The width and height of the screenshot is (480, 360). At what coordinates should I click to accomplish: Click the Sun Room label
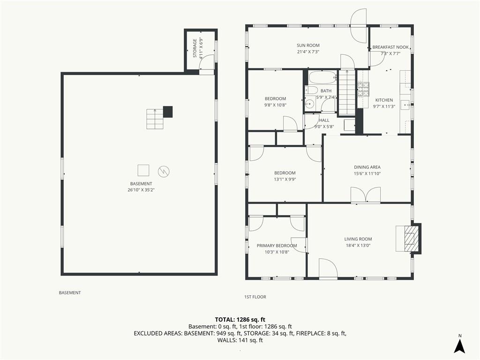(308, 45)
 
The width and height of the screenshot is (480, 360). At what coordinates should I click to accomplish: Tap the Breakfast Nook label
(390, 47)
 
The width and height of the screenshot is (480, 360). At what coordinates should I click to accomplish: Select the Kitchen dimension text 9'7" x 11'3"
(384, 106)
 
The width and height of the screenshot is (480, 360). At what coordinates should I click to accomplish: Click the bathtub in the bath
(322, 77)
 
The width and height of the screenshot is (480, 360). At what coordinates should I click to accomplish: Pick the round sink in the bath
(310, 104)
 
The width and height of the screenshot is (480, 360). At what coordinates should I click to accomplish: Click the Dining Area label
(367, 167)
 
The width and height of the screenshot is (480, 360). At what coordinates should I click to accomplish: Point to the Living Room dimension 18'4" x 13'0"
(358, 245)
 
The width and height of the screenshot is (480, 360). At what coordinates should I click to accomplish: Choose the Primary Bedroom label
(277, 246)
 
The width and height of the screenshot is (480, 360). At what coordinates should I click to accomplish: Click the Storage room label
(195, 48)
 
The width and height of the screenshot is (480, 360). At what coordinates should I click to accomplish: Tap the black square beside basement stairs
(168, 112)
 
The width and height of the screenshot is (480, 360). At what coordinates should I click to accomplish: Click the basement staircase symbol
(155, 119)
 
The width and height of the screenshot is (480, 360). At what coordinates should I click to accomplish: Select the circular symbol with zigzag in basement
(164, 172)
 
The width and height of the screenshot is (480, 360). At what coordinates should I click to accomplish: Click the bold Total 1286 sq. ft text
(240, 320)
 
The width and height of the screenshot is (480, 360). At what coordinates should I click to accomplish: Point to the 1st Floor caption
(255, 297)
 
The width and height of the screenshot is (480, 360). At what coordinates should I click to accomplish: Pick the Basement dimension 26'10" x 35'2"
(141, 190)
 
